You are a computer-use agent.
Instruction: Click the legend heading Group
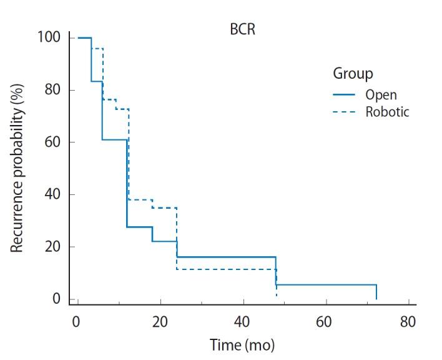pyautogui.click(x=353, y=73)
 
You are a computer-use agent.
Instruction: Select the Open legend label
pyautogui.click(x=381, y=95)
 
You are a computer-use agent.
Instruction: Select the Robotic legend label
pyautogui.click(x=387, y=112)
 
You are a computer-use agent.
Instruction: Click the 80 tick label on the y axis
pyautogui.click(x=52, y=90)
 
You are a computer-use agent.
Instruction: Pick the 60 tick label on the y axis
pyautogui.click(x=52, y=142)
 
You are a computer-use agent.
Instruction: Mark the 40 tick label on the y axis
pyautogui.click(x=52, y=194)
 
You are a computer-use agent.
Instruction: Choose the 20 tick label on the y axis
pyautogui.click(x=52, y=247)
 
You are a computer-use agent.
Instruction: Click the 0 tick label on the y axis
pyautogui.click(x=56, y=299)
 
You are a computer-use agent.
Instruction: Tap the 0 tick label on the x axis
pyautogui.click(x=76, y=322)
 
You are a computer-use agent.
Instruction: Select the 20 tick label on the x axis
pyautogui.click(x=160, y=322)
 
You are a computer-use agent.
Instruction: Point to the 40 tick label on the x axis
pyautogui.click(x=243, y=322)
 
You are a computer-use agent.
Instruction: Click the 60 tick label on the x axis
pyautogui.click(x=325, y=322)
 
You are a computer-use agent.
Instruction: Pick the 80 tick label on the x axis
pyautogui.click(x=408, y=322)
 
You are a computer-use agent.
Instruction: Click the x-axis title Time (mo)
pyautogui.click(x=242, y=344)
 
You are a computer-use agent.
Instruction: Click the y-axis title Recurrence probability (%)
pyautogui.click(x=17, y=169)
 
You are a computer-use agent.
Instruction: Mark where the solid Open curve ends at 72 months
pyautogui.click(x=376, y=298)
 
